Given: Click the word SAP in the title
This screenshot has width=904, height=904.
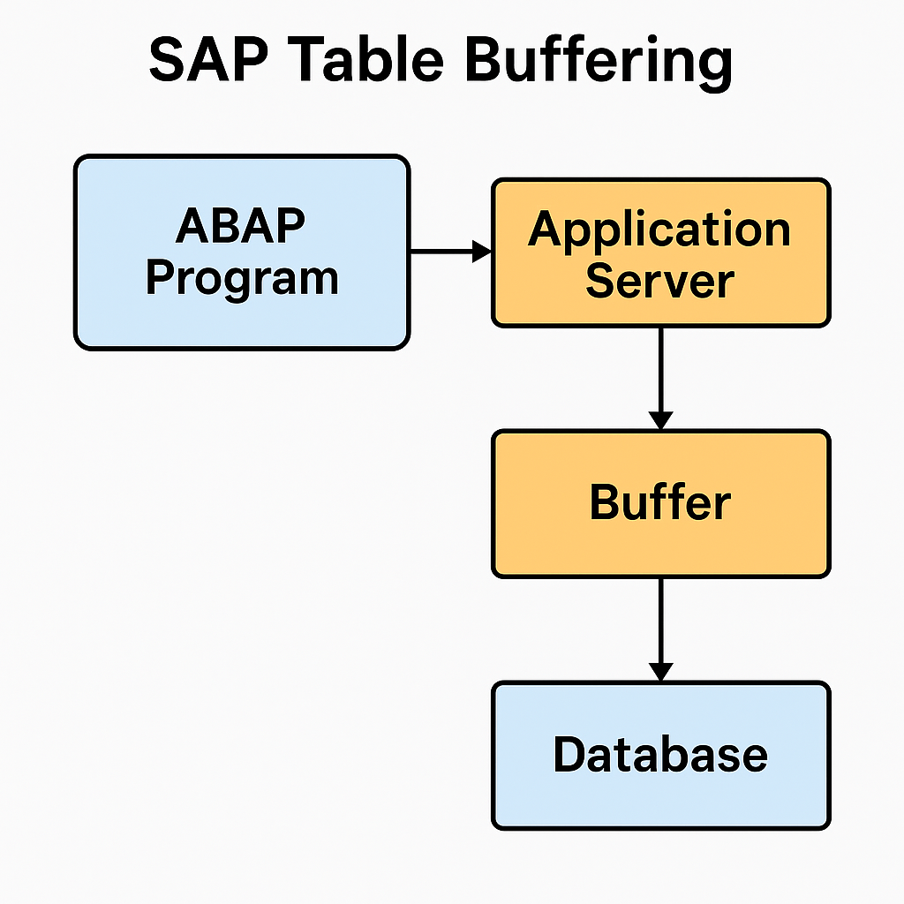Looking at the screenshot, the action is tap(208, 59).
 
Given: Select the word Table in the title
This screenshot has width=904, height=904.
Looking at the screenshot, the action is tap(369, 59).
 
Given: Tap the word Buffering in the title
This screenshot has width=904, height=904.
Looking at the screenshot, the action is tap(599, 63).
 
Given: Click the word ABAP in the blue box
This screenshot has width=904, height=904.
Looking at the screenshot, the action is tap(240, 225).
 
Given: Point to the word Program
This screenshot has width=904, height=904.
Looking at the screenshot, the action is tap(242, 280).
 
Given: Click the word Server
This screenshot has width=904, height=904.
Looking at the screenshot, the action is tap(660, 281).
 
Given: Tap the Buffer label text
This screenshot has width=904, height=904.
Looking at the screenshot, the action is tap(660, 501).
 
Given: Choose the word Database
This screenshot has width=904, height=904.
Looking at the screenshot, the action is tap(660, 754).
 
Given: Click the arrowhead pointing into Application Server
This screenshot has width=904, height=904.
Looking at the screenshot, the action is tap(482, 252).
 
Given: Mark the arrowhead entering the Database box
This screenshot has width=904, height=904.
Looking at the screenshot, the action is tap(660, 672).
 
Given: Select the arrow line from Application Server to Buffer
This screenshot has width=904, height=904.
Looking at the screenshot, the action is tap(660, 379).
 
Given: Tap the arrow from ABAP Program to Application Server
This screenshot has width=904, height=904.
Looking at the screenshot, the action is tap(451, 252).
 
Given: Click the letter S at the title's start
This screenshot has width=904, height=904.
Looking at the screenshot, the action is tap(169, 59).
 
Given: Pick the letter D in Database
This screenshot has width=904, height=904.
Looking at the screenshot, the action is tap(571, 754).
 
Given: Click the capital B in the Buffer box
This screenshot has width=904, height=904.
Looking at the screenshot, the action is tap(606, 501).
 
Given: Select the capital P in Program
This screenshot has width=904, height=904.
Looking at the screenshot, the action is tap(162, 276).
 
